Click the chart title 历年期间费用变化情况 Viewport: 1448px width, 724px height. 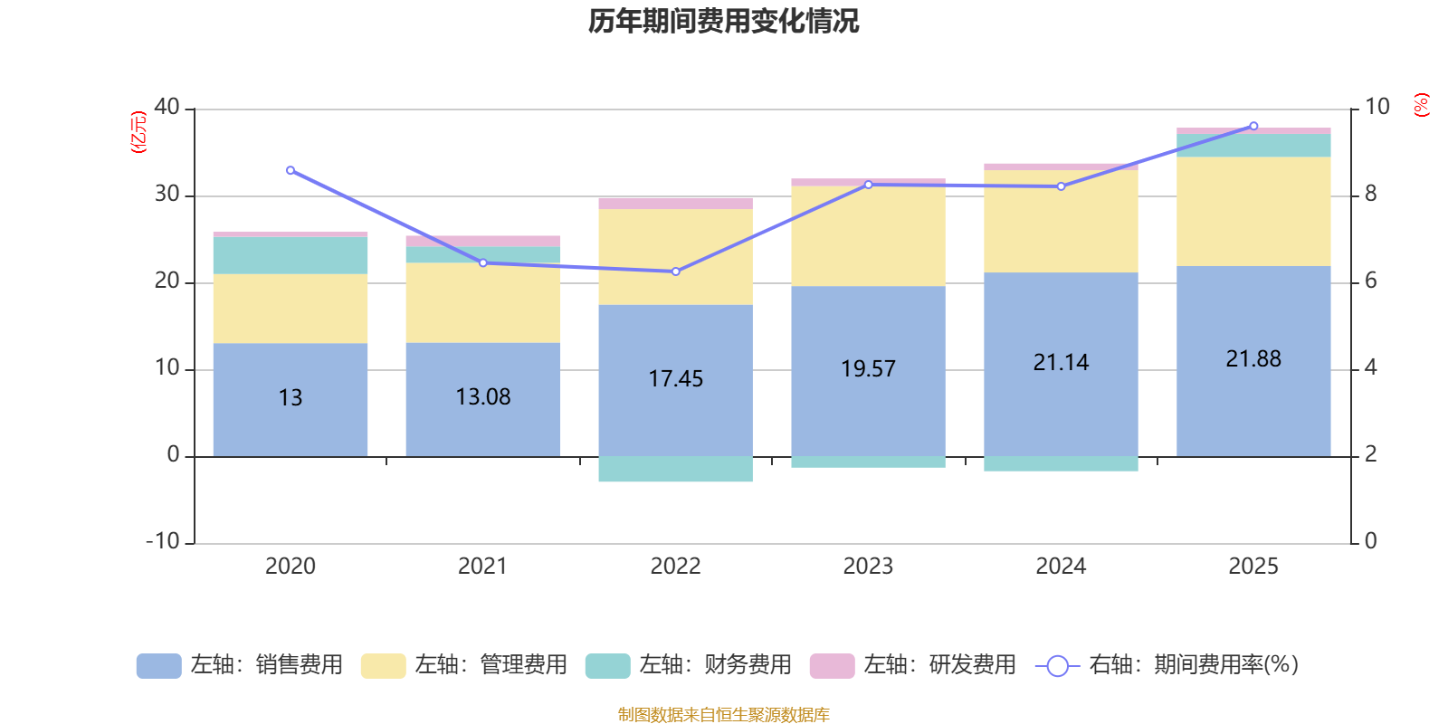pyautogui.click(x=723, y=21)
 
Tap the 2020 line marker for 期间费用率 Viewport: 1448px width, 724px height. pyautogui.click(x=291, y=170)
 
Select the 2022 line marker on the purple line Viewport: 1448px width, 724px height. pyautogui.click(x=676, y=271)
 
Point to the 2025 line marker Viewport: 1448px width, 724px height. pyautogui.click(x=1253, y=126)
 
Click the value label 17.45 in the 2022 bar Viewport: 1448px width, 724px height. pyautogui.click(x=676, y=379)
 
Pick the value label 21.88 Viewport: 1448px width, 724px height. pyautogui.click(x=1253, y=359)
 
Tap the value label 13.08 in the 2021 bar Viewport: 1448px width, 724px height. pyautogui.click(x=483, y=397)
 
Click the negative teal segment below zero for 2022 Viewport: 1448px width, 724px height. pyautogui.click(x=676, y=469)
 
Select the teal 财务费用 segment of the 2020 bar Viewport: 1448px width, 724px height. pyautogui.click(x=291, y=255)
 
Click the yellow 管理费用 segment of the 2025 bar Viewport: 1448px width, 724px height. pyautogui.click(x=1253, y=211)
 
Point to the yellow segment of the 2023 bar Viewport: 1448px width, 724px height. pyautogui.click(x=868, y=236)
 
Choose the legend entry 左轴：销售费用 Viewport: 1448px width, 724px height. pyautogui.click(x=241, y=665)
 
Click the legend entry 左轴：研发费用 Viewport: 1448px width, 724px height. pyautogui.click(x=914, y=665)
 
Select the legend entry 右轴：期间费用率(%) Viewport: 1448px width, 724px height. pyautogui.click(x=1167, y=665)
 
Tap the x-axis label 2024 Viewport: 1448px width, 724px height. pyautogui.click(x=1061, y=567)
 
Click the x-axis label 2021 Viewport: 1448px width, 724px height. pyautogui.click(x=482, y=567)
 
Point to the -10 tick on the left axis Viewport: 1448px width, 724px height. pyautogui.click(x=164, y=541)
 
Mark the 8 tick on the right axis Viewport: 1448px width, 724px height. pyautogui.click(x=1370, y=194)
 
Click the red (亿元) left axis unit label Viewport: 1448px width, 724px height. pyautogui.click(x=138, y=132)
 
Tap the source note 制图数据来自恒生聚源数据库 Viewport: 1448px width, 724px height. pyautogui.click(x=723, y=715)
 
